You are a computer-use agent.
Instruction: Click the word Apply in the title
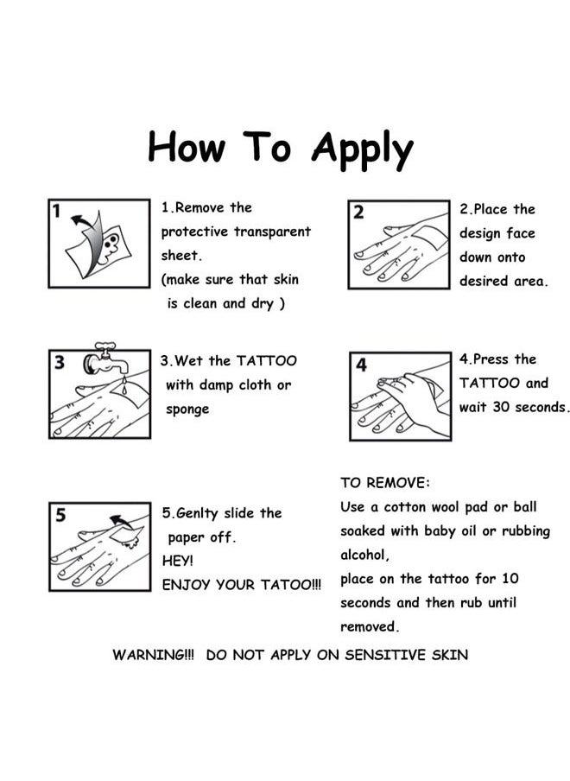[363, 150]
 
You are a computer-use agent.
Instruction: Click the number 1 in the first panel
[56, 211]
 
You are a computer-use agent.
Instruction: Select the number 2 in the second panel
[358, 213]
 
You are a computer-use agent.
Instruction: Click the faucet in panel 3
[105, 359]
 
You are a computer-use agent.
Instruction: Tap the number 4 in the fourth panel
[361, 365]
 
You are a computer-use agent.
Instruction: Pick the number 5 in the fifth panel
[60, 515]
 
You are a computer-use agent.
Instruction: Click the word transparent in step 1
[272, 232]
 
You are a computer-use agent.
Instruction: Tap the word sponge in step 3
[187, 410]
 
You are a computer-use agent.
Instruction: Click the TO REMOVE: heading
[385, 483]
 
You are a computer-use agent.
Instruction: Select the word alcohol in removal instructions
[364, 555]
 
